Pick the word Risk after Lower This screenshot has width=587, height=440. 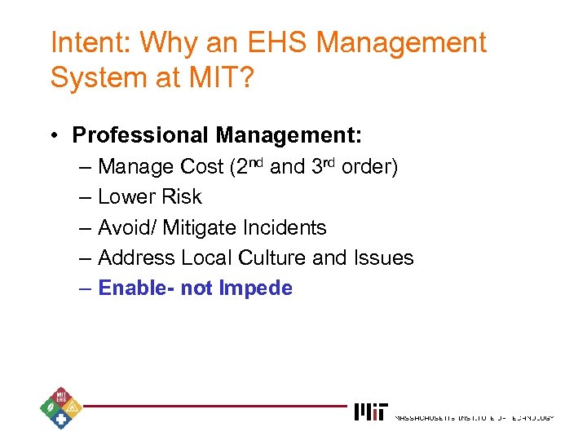click(182, 197)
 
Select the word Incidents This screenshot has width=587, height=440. click(286, 227)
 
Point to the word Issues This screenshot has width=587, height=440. click(383, 258)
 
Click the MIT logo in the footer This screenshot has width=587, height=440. click(371, 412)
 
